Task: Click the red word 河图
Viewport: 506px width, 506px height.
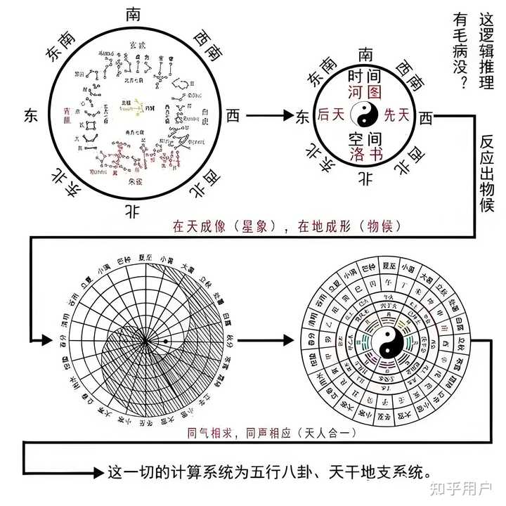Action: pyautogui.click(x=365, y=93)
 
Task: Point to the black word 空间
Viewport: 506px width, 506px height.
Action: pyautogui.click(x=365, y=138)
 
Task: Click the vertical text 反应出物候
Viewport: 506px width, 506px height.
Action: pyautogui.click(x=488, y=173)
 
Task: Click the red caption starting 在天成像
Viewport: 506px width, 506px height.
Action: pyautogui.click(x=287, y=226)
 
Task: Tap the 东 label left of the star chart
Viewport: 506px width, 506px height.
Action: pyautogui.click(x=31, y=115)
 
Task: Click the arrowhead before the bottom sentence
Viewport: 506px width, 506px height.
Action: pyautogui.click(x=99, y=471)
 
